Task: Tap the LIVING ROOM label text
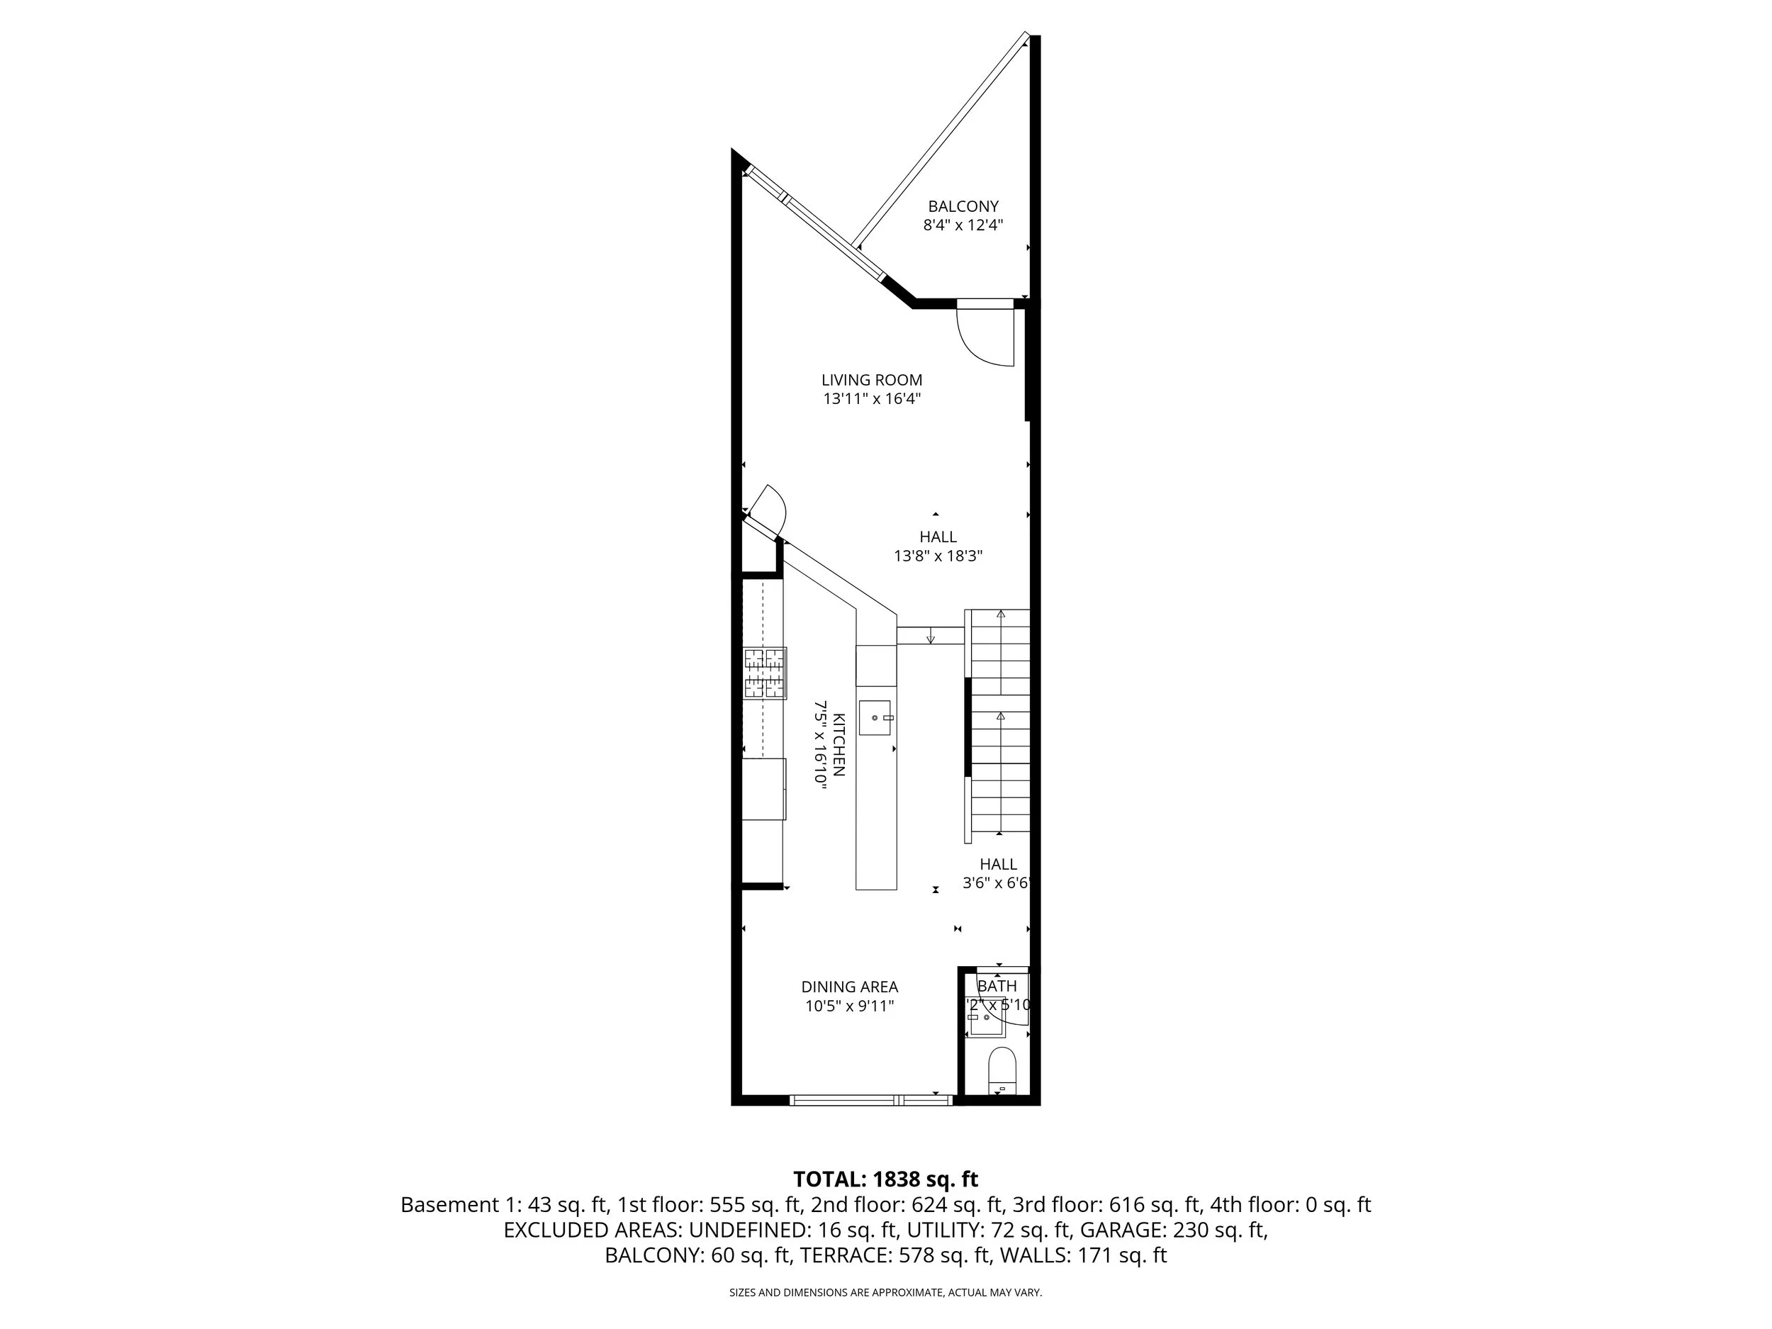872,381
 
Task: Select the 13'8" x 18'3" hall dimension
938,556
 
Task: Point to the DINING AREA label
849,987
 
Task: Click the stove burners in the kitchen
764,673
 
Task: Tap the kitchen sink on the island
875,718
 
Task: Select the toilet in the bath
1002,1070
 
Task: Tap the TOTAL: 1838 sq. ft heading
885,1179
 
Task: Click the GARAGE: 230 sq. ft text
1174,1230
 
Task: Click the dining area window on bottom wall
871,1101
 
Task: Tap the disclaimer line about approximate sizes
885,1292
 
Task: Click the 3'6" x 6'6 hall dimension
996,884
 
